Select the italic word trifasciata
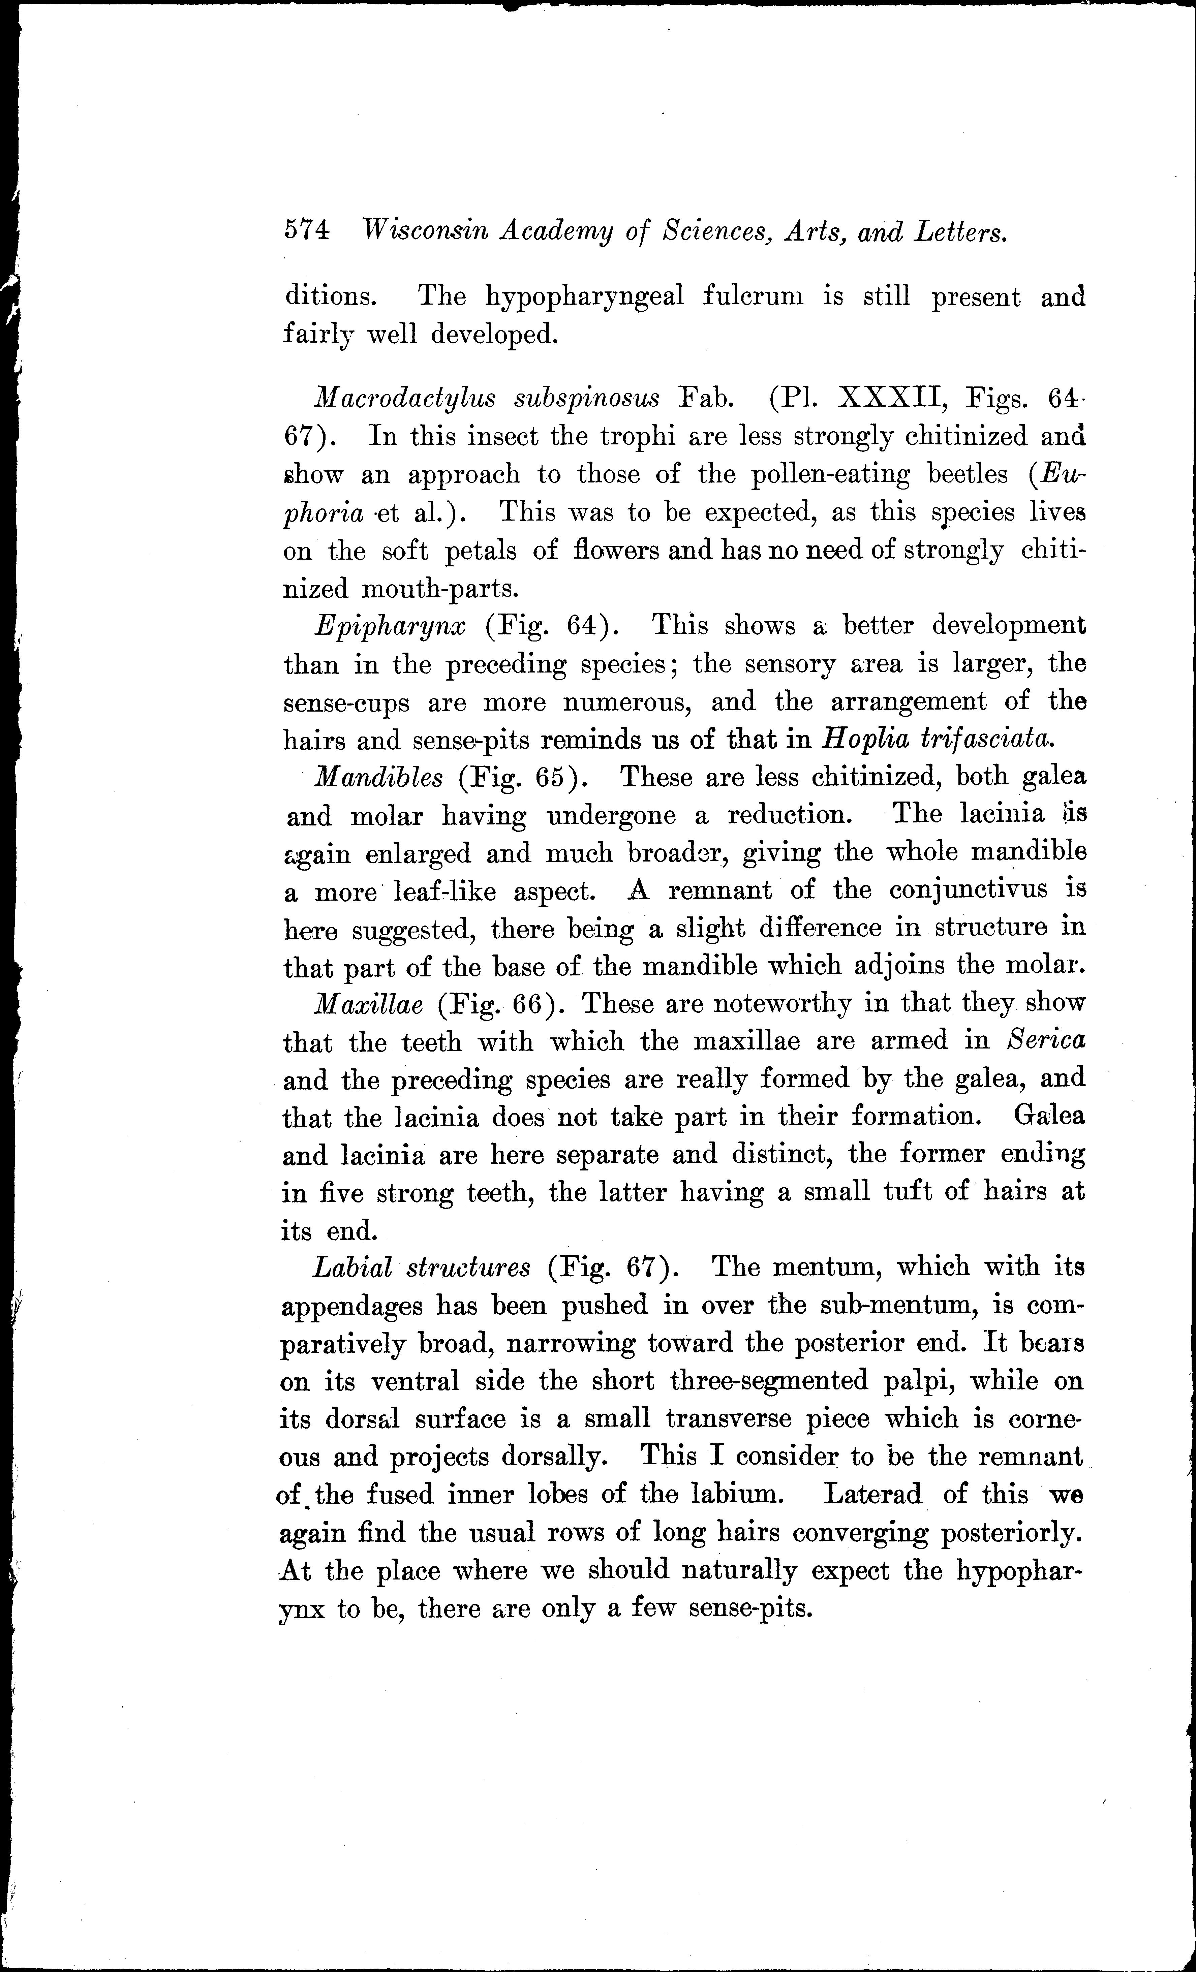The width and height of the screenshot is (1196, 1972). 985,739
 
